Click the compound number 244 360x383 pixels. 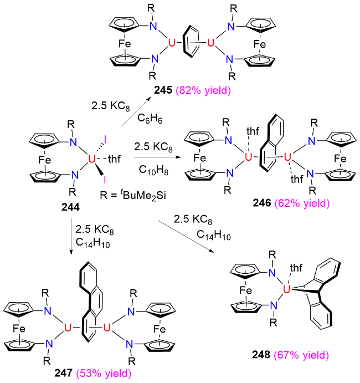click(x=70, y=207)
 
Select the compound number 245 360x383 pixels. click(x=163, y=90)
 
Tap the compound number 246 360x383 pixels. click(x=262, y=203)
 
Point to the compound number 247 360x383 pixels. click(x=64, y=373)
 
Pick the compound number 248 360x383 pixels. click(x=261, y=355)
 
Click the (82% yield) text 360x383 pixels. click(x=203, y=90)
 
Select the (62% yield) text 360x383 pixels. click(x=302, y=203)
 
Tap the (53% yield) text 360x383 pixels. click(x=104, y=373)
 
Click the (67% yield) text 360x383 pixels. click(x=301, y=355)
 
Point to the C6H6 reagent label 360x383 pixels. click(x=150, y=119)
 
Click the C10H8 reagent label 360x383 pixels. click(x=153, y=170)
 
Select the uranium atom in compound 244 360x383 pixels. click(x=91, y=159)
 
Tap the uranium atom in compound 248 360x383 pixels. click(x=286, y=289)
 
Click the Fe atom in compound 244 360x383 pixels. click(x=45, y=160)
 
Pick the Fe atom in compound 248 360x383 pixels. click(x=245, y=290)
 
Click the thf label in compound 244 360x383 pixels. click(x=114, y=159)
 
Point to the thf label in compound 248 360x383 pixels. click(x=296, y=268)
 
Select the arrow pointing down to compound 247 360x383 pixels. click(x=71, y=236)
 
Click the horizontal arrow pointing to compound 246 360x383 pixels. click(x=157, y=157)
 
